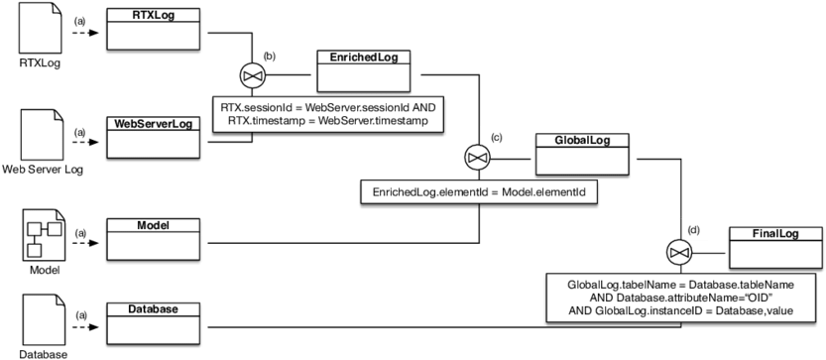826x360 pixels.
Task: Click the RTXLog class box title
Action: click(x=153, y=16)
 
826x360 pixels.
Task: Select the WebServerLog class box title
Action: click(x=153, y=124)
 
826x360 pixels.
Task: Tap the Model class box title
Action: click(x=153, y=225)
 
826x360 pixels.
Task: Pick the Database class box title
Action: click(x=153, y=309)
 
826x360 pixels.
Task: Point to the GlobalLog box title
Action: click(x=582, y=141)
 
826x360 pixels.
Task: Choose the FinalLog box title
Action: click(x=775, y=234)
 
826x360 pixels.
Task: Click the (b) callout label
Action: click(x=269, y=56)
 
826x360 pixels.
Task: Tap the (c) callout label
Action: click(x=497, y=138)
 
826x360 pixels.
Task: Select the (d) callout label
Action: click(x=692, y=230)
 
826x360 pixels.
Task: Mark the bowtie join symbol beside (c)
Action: click(x=478, y=158)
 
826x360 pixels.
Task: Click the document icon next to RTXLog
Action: click(x=43, y=29)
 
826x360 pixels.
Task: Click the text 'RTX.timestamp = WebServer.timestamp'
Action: click(x=326, y=121)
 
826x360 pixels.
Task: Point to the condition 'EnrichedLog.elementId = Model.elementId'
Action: click(x=478, y=191)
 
